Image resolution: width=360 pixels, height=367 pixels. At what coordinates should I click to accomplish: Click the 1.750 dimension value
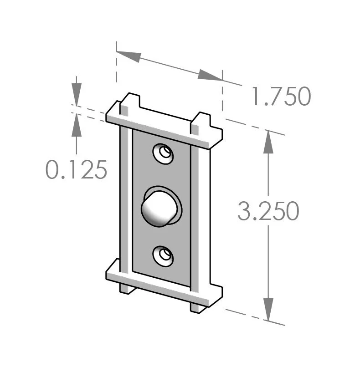click(281, 96)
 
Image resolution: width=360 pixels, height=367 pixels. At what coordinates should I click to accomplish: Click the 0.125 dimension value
click(77, 170)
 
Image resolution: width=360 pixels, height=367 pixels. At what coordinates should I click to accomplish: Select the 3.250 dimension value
click(268, 211)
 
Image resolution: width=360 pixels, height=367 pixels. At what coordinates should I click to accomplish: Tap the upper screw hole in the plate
click(163, 154)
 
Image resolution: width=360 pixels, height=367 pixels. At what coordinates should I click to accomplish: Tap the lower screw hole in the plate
click(163, 256)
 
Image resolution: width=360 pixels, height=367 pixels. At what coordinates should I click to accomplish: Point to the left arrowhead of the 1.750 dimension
click(129, 56)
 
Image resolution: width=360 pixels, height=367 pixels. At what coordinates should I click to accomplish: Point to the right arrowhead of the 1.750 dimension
click(210, 75)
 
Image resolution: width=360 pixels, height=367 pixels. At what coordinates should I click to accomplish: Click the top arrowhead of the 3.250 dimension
click(268, 142)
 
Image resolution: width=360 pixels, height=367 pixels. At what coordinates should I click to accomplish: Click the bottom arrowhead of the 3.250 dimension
click(268, 310)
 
